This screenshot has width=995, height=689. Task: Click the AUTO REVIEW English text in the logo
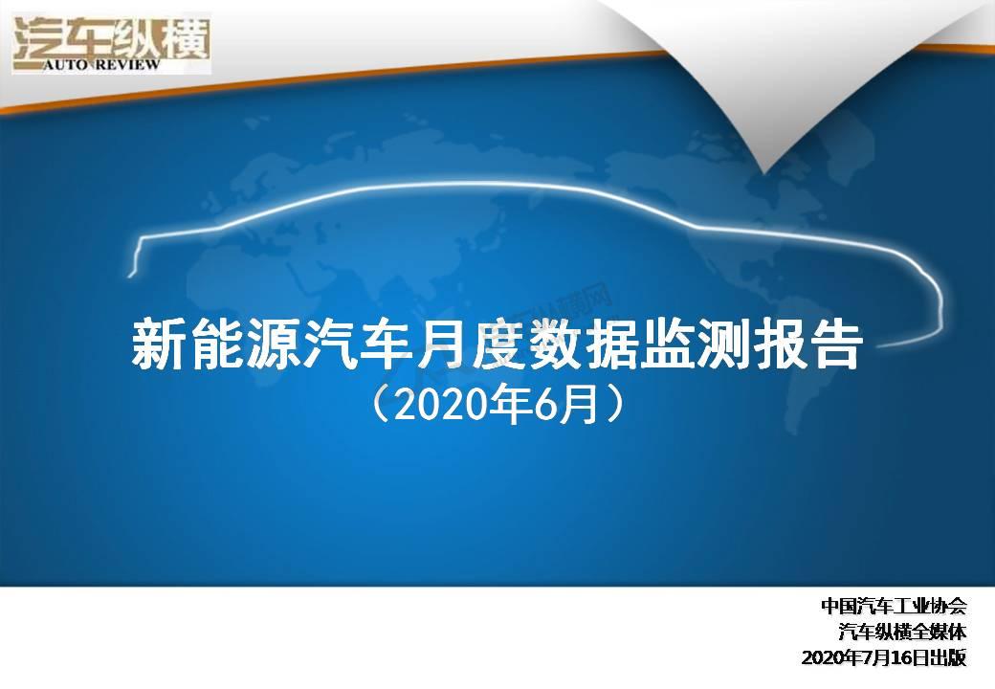coord(102,65)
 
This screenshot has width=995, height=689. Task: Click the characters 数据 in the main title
coord(584,345)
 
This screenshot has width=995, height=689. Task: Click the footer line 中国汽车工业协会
coord(895,606)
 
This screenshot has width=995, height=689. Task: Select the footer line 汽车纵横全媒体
coord(902,632)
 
